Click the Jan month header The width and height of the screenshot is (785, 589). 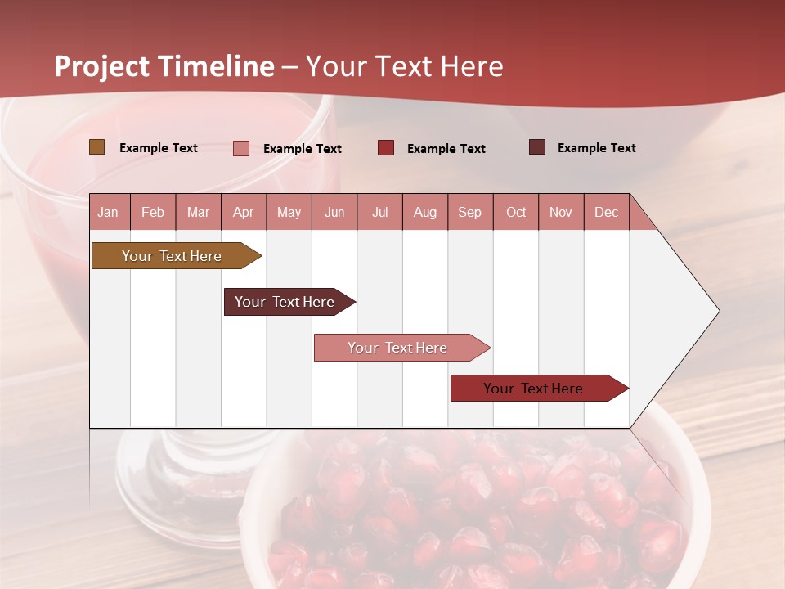pyautogui.click(x=108, y=213)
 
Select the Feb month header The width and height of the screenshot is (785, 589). pyautogui.click(x=153, y=213)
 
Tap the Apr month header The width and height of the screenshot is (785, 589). pyautogui.click(x=243, y=213)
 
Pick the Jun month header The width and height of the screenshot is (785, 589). pyautogui.click(x=334, y=213)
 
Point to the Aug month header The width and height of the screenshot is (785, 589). pyautogui.click(x=424, y=213)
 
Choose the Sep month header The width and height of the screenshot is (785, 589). pyautogui.click(x=469, y=213)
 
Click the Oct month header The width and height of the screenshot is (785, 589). pyautogui.click(x=516, y=213)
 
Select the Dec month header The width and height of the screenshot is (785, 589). pyautogui.click(x=606, y=213)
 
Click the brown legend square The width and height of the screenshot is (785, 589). pyautogui.click(x=96, y=147)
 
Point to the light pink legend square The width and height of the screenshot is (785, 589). pyautogui.click(x=240, y=148)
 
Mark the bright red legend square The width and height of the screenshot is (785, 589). pyautogui.click(x=385, y=148)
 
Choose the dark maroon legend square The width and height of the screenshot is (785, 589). pyautogui.click(x=536, y=147)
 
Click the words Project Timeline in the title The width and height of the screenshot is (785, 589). pyautogui.click(x=164, y=66)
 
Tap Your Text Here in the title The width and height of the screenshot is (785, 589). pyautogui.click(x=404, y=66)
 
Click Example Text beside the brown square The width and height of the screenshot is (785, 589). pyautogui.click(x=159, y=148)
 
